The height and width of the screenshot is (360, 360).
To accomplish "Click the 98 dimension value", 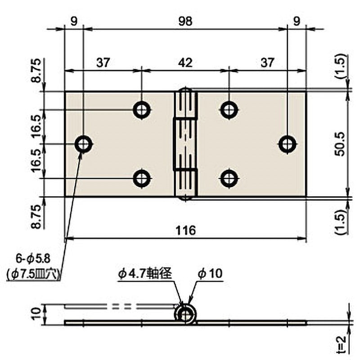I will pyautogui.click(x=185, y=21).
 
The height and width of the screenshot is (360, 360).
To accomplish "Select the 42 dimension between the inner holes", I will pyautogui.click(x=185, y=63).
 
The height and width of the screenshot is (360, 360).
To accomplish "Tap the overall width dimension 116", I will pyautogui.click(x=185, y=230).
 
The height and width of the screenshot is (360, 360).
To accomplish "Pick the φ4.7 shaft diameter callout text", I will pyautogui.click(x=145, y=273).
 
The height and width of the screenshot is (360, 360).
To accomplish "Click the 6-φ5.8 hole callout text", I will pyautogui.click(x=34, y=258).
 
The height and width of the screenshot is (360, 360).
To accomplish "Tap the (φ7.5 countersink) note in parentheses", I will pyautogui.click(x=34, y=274).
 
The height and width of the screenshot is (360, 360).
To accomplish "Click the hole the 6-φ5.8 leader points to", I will pyautogui.click(x=83, y=144).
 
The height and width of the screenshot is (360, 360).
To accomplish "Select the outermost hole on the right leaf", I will pyautogui.click(x=288, y=144).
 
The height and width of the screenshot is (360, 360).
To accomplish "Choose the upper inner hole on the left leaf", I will pyautogui.click(x=142, y=109).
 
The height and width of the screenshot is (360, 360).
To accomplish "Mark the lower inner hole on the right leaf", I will pyautogui.click(x=229, y=179).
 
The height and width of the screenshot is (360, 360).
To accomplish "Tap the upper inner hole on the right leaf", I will pyautogui.click(x=229, y=109).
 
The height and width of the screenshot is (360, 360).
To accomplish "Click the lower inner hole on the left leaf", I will pyautogui.click(x=142, y=179).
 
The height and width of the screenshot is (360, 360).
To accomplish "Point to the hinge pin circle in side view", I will pyautogui.click(x=185, y=315).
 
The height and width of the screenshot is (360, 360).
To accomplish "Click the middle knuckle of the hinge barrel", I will pyautogui.click(x=185, y=144).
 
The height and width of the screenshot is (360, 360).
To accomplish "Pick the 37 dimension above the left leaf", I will pyautogui.click(x=103, y=63).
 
